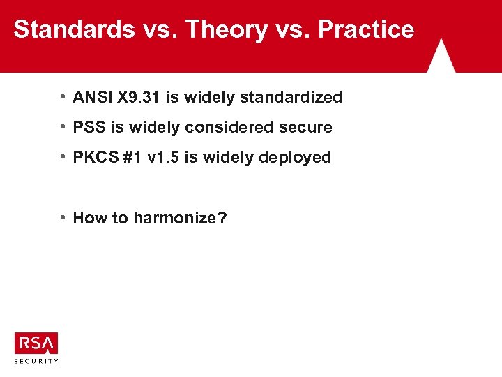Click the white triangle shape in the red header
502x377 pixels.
[441, 58]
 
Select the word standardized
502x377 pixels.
[291, 97]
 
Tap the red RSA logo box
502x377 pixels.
[36, 343]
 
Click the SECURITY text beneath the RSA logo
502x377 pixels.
[36, 361]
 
